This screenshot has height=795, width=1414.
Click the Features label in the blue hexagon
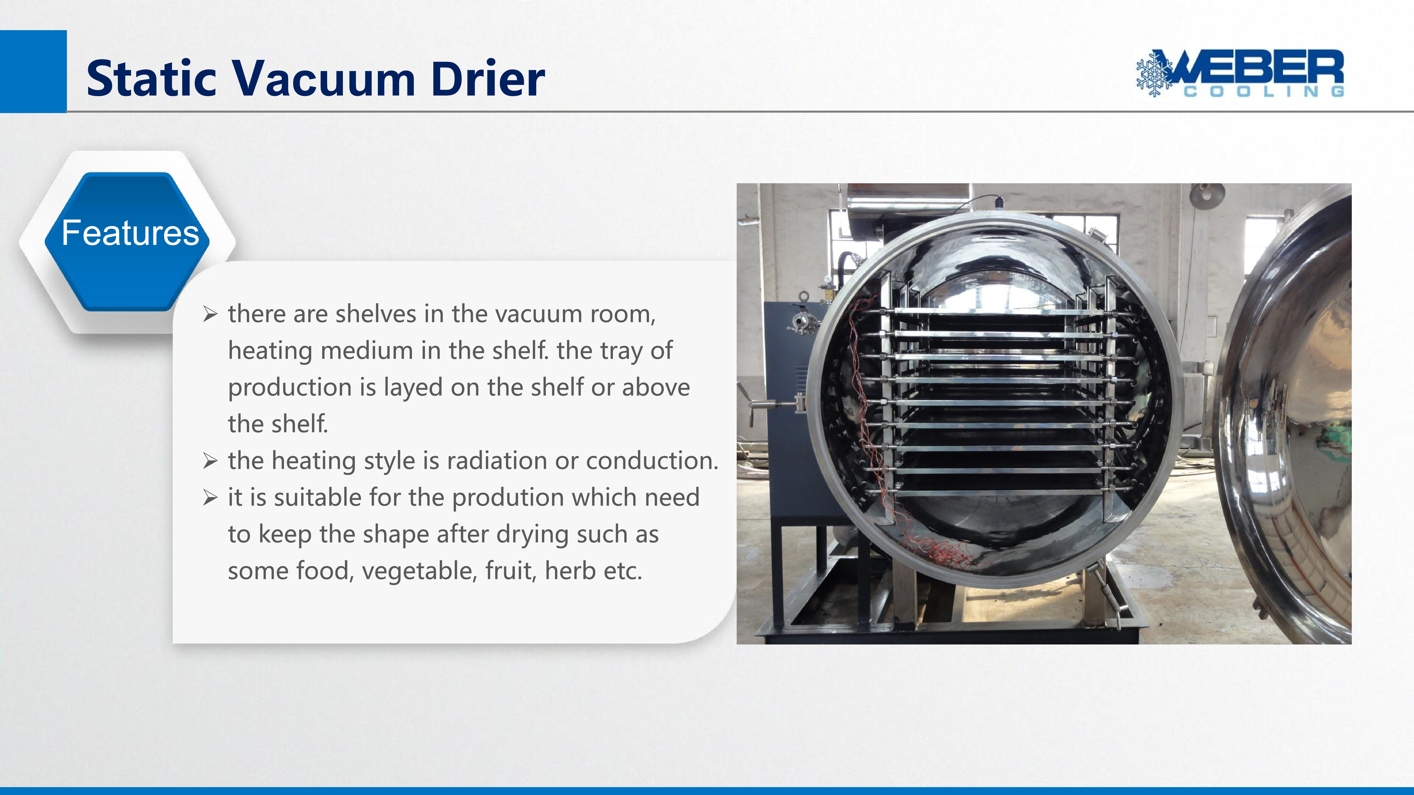[x=130, y=233]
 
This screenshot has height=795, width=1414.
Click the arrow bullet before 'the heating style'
[x=210, y=461]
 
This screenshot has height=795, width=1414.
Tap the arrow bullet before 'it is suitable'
[x=210, y=498]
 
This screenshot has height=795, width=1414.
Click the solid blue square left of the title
[x=33, y=71]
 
